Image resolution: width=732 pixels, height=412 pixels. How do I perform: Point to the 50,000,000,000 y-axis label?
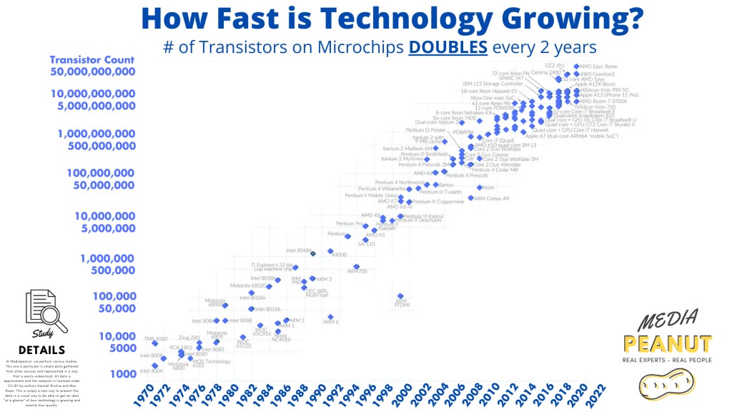click(92, 72)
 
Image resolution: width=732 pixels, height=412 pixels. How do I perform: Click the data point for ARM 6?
click(330, 316)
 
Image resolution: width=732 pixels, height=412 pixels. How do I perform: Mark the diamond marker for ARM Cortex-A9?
click(470, 198)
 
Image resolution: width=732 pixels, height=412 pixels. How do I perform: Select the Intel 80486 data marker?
click(313, 251)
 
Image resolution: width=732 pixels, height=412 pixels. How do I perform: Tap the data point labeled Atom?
click(480, 187)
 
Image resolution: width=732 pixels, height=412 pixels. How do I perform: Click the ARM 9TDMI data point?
click(400, 296)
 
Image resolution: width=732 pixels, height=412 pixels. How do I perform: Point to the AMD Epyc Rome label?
click(598, 67)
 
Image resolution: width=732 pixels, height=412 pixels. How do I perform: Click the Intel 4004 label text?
click(151, 371)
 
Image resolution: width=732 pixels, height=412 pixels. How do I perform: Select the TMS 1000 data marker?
click(155, 344)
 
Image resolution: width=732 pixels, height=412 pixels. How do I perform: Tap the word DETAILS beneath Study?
click(42, 350)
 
